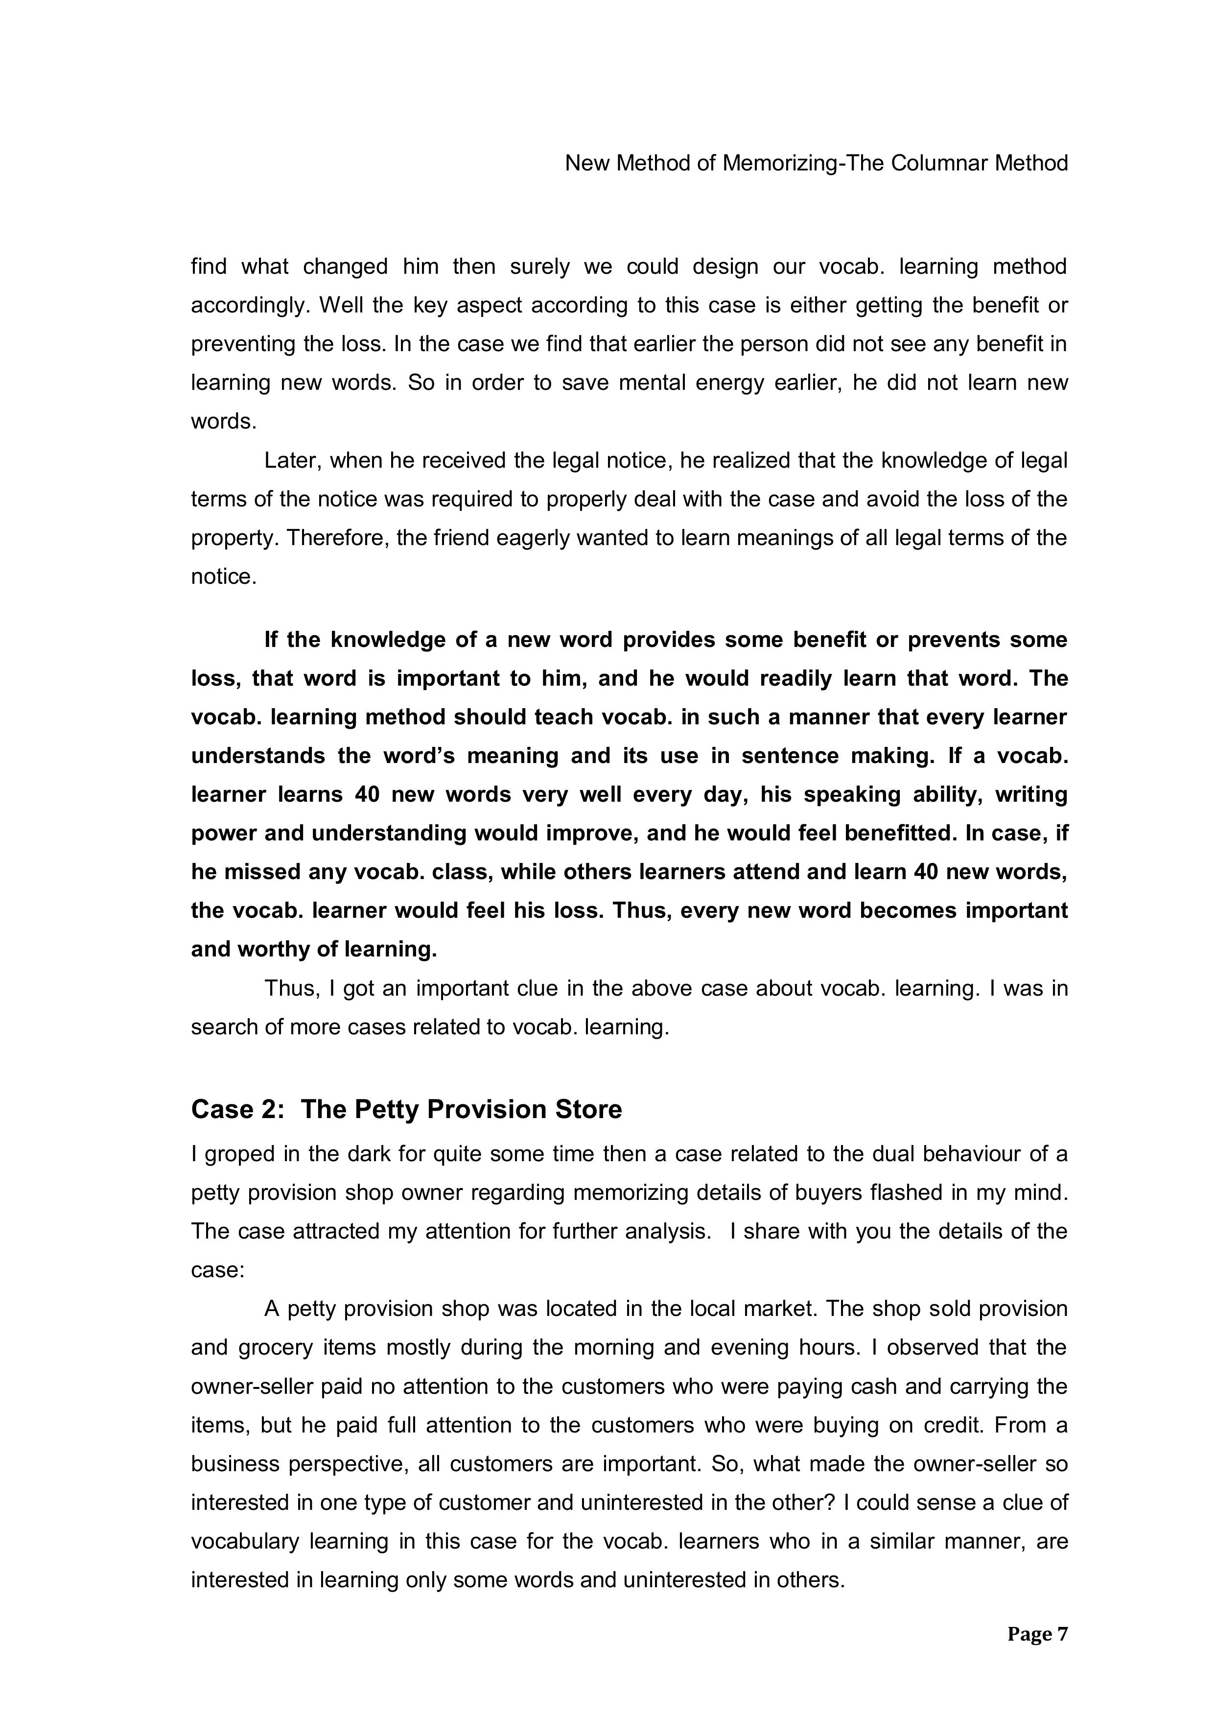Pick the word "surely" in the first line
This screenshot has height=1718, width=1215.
tap(543, 266)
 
